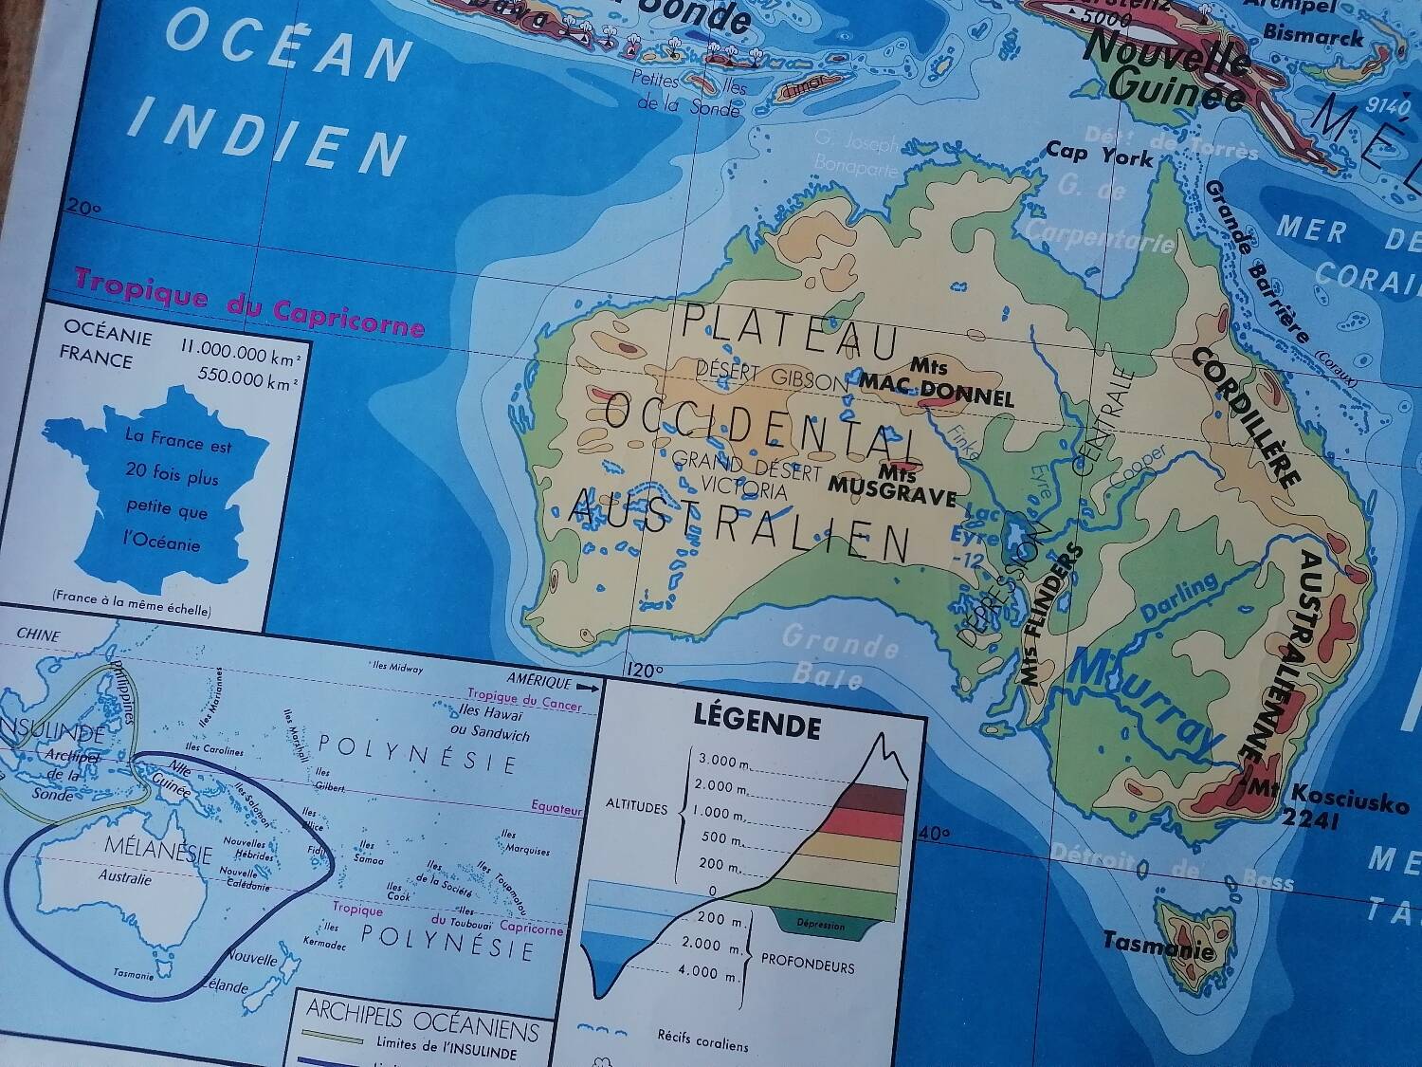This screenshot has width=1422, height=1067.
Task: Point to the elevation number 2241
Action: (x=1308, y=820)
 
